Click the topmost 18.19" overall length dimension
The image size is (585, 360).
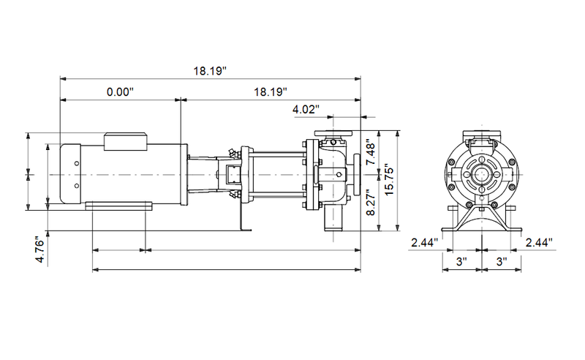click(211, 71)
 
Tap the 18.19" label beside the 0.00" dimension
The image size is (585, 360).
click(270, 92)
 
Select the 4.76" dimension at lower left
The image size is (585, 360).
click(40, 249)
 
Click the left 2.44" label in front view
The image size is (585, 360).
click(424, 242)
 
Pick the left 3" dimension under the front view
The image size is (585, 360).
click(461, 260)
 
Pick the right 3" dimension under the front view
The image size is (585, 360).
click(501, 260)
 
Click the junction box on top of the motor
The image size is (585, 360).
click(127, 141)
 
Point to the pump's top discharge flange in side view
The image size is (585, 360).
click(333, 134)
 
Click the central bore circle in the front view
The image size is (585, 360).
click(481, 176)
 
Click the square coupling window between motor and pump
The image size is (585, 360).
click(232, 176)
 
